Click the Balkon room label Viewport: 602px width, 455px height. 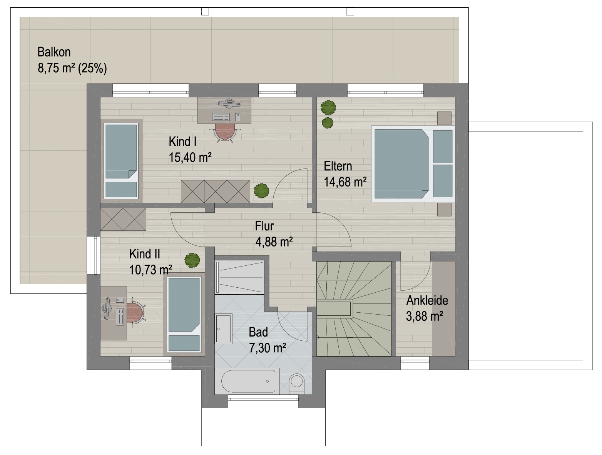54,52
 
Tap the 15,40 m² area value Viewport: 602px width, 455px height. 190,158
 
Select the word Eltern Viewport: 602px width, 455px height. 338,166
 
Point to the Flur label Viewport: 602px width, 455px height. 264,226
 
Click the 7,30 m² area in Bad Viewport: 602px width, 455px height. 268,348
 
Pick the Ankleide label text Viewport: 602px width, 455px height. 427,300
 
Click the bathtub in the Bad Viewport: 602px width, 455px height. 248,381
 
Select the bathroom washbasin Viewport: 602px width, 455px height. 224,328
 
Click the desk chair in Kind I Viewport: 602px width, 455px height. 225,133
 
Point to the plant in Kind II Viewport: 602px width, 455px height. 192,260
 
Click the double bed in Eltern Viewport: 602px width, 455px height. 413,164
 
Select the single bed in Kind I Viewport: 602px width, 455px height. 121,160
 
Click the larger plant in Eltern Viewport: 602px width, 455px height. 328,107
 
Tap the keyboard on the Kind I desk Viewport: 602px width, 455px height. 221,117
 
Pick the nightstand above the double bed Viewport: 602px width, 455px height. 444,118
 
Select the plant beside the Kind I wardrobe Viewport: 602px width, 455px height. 261,190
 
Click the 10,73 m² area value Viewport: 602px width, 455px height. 150,270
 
